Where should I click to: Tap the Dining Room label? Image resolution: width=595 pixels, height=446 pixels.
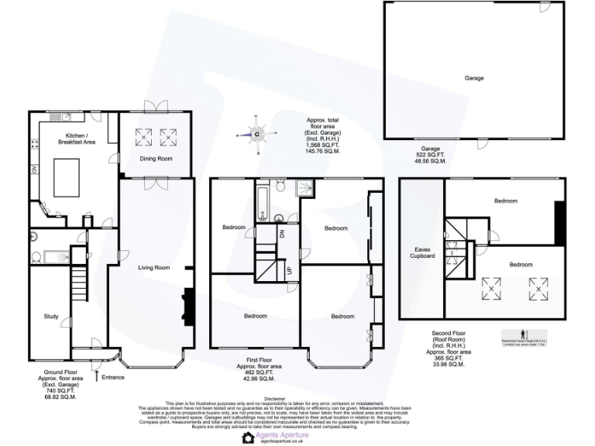point(155,159)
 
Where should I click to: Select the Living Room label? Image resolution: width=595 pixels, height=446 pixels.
point(153,268)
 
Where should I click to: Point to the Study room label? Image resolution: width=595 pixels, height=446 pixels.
point(51,316)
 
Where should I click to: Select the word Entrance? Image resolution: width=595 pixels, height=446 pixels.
point(113,377)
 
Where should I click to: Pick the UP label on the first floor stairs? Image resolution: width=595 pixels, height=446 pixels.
point(290,270)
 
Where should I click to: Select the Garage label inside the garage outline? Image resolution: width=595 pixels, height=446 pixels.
point(474,78)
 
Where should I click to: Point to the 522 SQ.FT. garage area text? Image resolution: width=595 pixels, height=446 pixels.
point(430,155)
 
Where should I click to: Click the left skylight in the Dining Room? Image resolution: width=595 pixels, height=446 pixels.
point(144,137)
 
